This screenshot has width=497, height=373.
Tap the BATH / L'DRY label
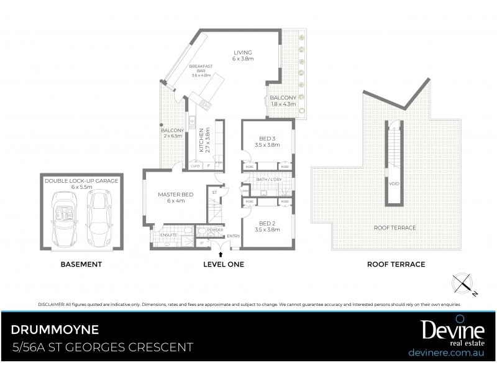click(x=268, y=179)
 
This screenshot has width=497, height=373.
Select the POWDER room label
click(x=216, y=231)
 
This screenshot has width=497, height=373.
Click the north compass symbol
click(x=463, y=283)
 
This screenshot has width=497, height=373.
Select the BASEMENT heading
click(x=81, y=264)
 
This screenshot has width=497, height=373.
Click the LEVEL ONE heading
click(x=224, y=264)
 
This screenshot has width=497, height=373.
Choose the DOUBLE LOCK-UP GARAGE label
click(x=81, y=183)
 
